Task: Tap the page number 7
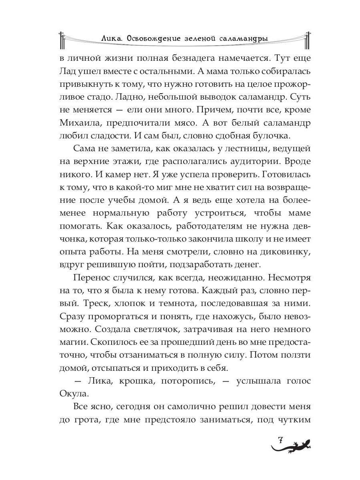tap(280, 440)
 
